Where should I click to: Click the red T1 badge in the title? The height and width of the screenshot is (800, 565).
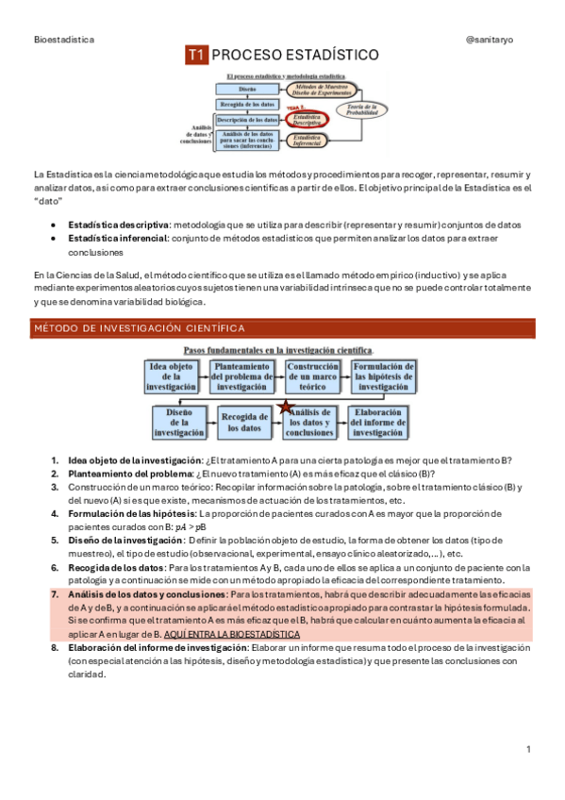pyautogui.click(x=196, y=56)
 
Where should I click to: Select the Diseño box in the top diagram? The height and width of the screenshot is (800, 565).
pyautogui.click(x=246, y=88)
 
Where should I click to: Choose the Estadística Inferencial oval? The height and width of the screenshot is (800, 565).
pyautogui.click(x=308, y=140)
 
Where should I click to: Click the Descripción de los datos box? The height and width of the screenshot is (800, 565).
pyautogui.click(x=246, y=120)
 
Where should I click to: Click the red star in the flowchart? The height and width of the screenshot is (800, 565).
pyautogui.click(x=285, y=408)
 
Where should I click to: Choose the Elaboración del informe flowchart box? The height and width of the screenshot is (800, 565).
pyautogui.click(x=383, y=422)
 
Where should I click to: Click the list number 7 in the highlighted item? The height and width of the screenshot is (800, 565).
pyautogui.click(x=54, y=595)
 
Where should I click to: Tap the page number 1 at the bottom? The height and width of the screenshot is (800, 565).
pyautogui.click(x=529, y=749)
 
